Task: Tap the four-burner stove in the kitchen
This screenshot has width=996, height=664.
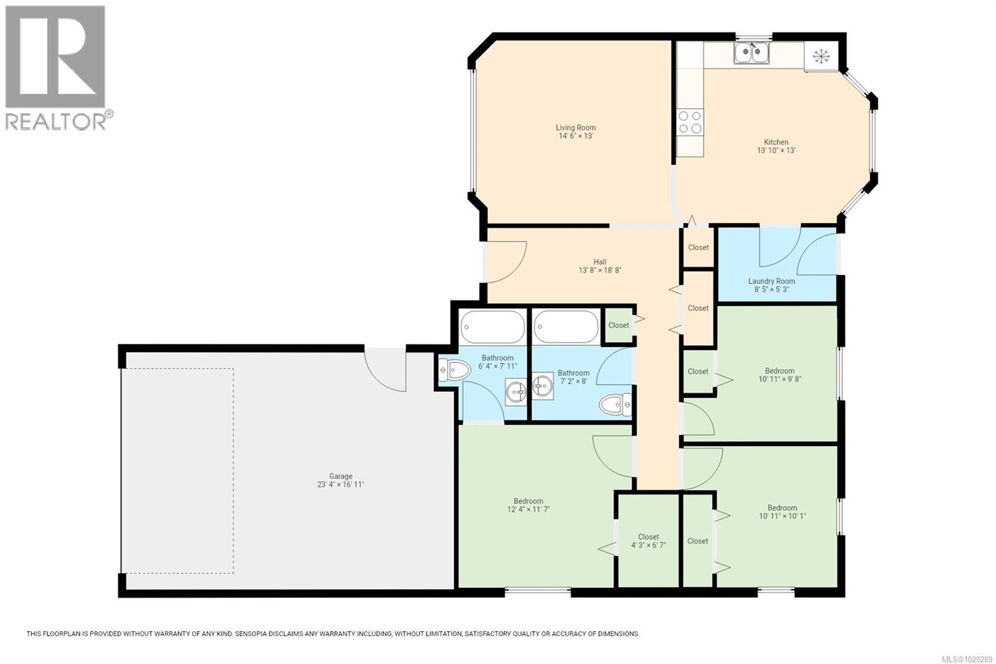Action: point(690,122)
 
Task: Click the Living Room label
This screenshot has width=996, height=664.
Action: point(576,128)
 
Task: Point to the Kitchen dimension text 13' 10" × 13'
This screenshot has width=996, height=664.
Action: point(776,151)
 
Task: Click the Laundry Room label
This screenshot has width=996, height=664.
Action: point(771,281)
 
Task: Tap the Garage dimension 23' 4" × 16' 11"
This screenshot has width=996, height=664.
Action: point(341,485)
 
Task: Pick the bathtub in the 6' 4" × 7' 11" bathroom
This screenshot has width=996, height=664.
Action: point(492,326)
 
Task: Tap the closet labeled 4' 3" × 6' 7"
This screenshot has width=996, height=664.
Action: point(648,541)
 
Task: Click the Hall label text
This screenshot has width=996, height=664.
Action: point(600,262)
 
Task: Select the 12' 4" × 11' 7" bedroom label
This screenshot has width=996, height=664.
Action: point(529,505)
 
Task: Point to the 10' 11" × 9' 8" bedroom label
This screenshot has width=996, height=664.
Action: point(779,375)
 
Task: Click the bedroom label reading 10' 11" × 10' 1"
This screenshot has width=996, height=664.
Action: point(782,512)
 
